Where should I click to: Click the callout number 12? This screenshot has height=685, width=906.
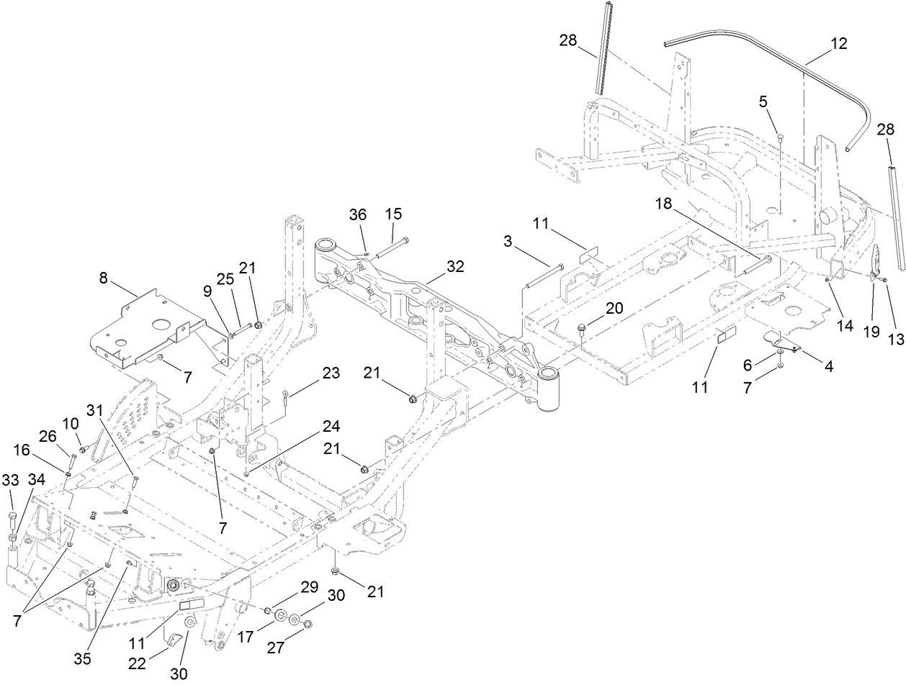click(837, 43)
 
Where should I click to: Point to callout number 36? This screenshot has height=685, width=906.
click(358, 214)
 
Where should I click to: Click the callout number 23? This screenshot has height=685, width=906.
click(331, 373)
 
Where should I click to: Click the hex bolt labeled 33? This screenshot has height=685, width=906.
click(12, 517)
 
